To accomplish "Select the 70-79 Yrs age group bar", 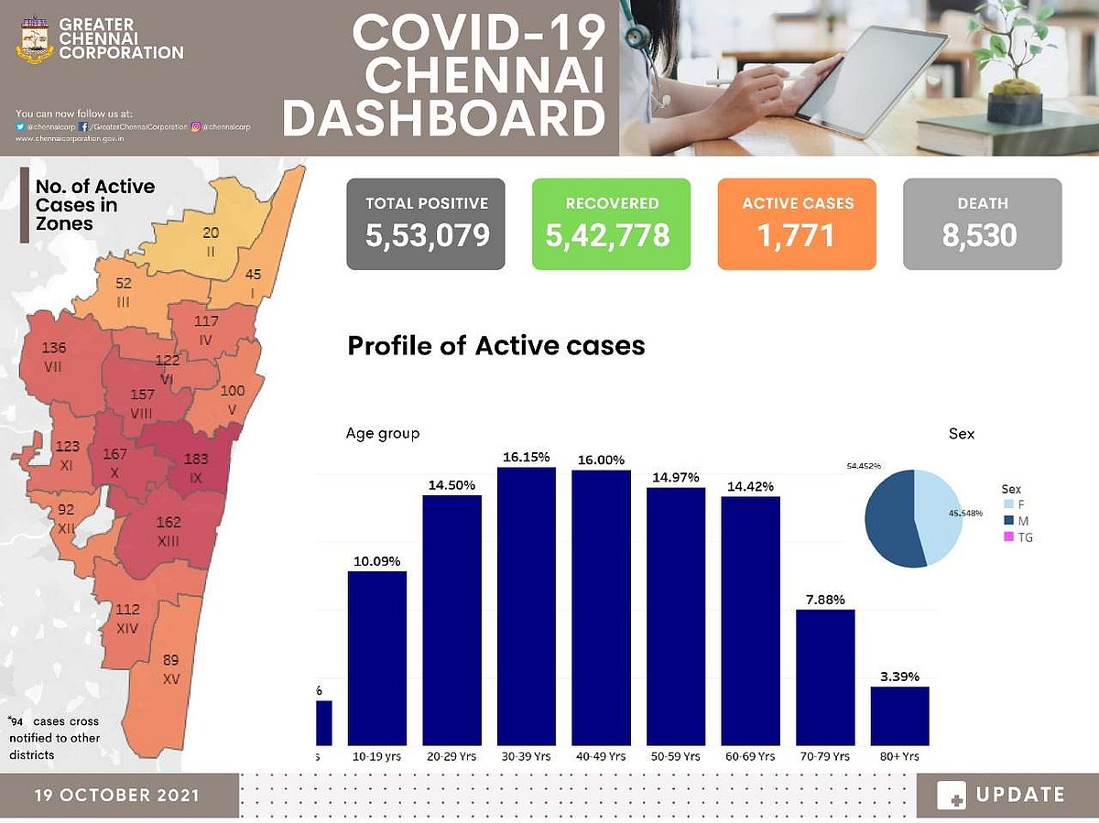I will [x=825, y=677].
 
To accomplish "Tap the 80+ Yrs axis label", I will [x=899, y=757].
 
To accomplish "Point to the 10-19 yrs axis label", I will [x=376, y=757].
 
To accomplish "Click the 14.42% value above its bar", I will [x=750, y=485].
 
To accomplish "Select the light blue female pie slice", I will [x=939, y=517].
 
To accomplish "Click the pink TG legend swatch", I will [x=1008, y=537].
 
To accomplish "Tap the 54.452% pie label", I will [x=863, y=466].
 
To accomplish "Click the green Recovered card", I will [x=611, y=224].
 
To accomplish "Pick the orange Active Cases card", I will [x=797, y=224].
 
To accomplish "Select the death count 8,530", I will [x=980, y=235].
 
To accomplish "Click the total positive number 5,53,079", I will [x=427, y=235].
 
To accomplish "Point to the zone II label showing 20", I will [x=211, y=240].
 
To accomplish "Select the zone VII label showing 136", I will [x=55, y=356].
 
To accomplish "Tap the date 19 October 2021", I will [x=117, y=795].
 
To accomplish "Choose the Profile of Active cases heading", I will [x=495, y=346].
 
